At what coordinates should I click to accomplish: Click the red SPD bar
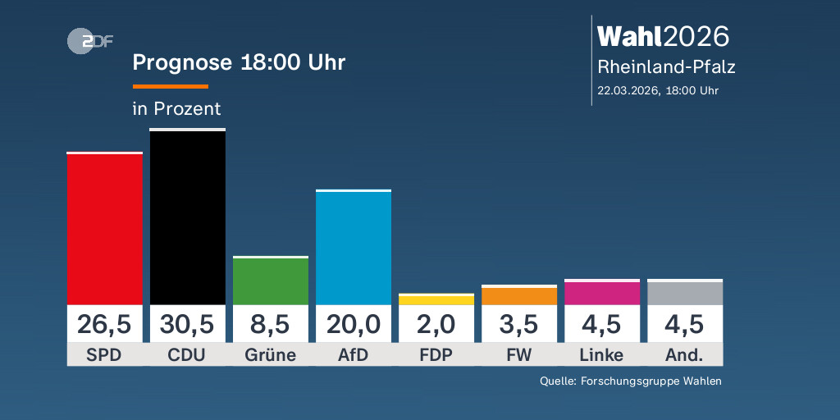tap(104, 228)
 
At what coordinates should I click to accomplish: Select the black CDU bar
tap(187, 217)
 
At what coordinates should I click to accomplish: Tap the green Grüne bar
tap(271, 281)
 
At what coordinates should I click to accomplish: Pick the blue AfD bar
tap(354, 248)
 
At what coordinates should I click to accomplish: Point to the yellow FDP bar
tap(436, 299)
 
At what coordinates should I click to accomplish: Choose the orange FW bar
tap(519, 295)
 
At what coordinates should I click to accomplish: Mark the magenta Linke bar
tap(602, 292)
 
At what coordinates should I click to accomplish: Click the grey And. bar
tap(685, 292)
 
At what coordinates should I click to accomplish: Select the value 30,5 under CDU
tap(187, 324)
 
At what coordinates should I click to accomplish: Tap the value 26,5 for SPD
tap(104, 324)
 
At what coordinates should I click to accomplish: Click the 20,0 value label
tap(354, 324)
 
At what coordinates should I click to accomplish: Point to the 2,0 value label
tap(436, 324)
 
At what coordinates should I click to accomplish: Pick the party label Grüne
tap(271, 355)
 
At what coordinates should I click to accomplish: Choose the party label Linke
tap(602, 355)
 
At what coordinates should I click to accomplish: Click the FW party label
tap(519, 355)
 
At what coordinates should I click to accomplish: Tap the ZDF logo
tap(89, 41)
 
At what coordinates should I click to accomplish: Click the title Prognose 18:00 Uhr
tap(239, 63)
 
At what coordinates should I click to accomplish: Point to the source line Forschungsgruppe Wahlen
tap(631, 381)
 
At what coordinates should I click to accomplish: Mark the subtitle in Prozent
tap(176, 108)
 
